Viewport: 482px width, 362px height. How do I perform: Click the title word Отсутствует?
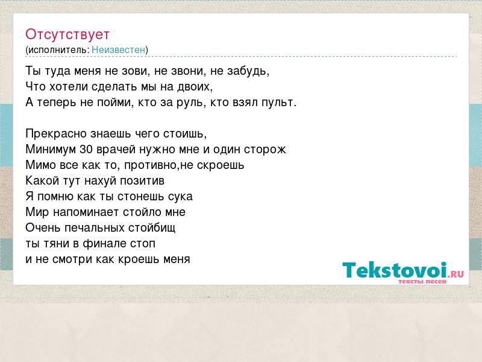click(x=67, y=34)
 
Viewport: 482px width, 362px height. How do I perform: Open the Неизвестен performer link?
click(x=118, y=49)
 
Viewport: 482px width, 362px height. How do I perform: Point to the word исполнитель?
click(x=57, y=50)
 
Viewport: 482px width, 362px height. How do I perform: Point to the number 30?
click(x=86, y=149)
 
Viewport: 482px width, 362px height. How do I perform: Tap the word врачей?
click(x=116, y=150)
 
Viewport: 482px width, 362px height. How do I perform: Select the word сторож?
click(x=265, y=150)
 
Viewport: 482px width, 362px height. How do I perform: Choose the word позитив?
click(x=142, y=180)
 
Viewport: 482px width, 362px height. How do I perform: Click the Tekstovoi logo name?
click(x=395, y=270)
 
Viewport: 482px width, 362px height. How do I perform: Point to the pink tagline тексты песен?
click(x=422, y=281)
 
